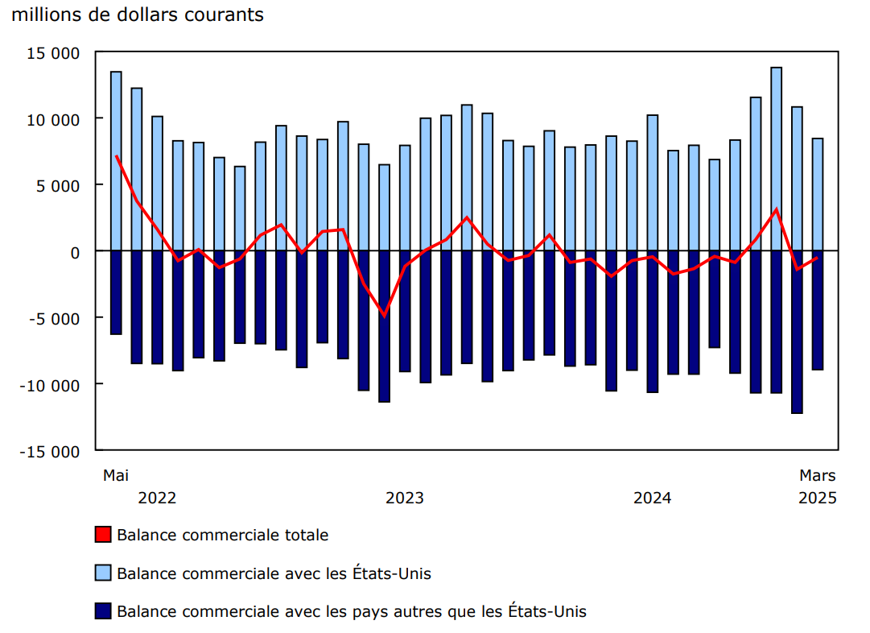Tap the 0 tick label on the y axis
(x=75, y=252)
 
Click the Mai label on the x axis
(x=116, y=475)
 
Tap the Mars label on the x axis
(x=817, y=475)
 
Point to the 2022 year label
(x=157, y=498)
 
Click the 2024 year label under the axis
(x=652, y=498)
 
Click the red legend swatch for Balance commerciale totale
(x=102, y=535)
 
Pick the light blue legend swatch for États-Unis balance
(x=102, y=573)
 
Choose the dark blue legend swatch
(x=102, y=611)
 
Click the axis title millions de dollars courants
(x=138, y=14)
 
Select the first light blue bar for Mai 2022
(x=116, y=161)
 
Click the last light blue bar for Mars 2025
(x=817, y=194)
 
